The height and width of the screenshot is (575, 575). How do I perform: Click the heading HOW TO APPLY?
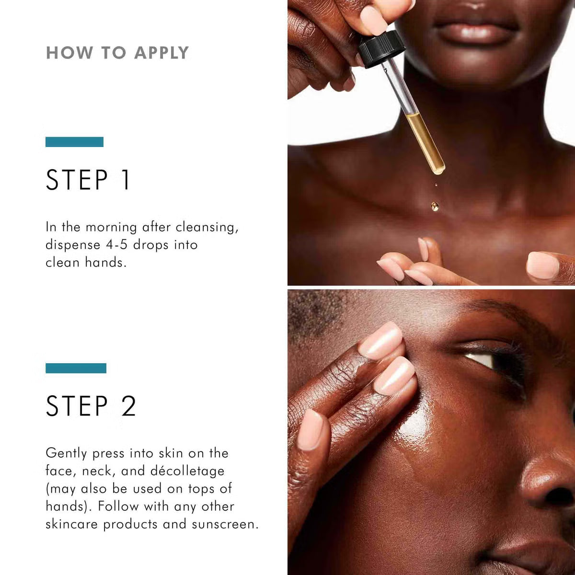[117, 53]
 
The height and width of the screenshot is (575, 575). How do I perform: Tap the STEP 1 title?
[88, 180]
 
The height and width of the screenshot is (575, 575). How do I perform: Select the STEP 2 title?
[91, 406]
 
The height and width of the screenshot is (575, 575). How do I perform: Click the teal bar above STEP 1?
[74, 142]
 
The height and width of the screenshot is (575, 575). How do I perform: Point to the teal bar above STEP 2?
[76, 368]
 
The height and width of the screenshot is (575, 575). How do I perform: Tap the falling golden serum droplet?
[435, 207]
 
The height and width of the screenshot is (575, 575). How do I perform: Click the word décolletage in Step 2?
[187, 471]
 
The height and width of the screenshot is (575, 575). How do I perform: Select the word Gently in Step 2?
[67, 453]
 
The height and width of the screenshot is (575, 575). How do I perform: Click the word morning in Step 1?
[111, 227]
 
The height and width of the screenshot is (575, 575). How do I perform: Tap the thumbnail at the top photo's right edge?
[543, 265]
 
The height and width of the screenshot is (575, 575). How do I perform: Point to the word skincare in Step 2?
[72, 524]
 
